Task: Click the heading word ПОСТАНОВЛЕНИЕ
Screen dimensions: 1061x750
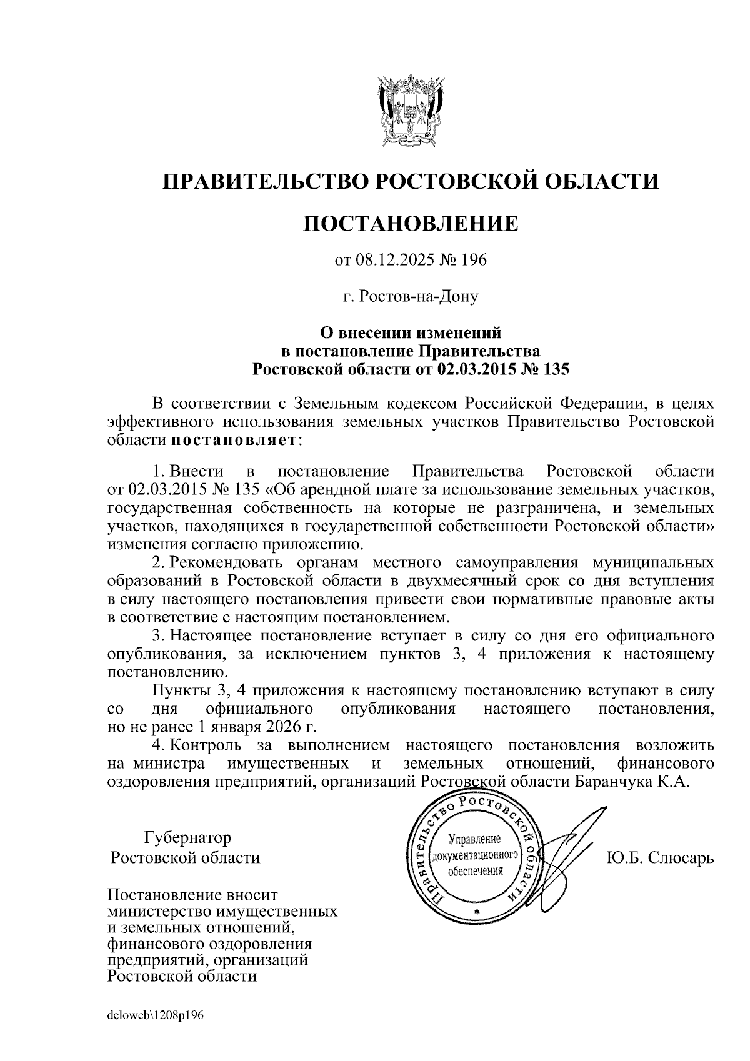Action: coord(411,223)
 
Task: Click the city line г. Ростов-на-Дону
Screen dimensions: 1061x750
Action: coord(411,296)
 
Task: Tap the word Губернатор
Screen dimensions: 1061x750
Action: coord(187,837)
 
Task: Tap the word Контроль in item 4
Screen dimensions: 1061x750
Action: coord(206,745)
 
